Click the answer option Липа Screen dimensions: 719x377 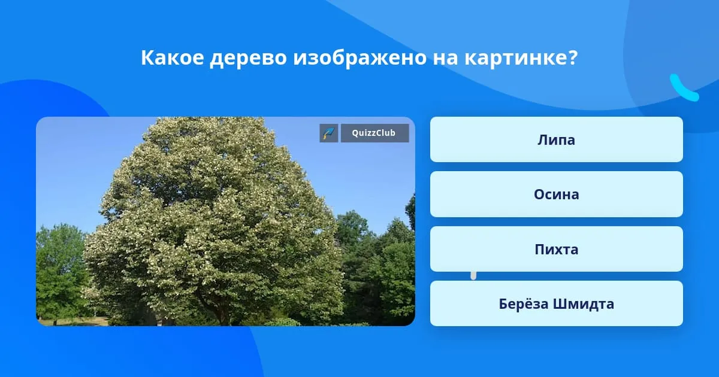556,139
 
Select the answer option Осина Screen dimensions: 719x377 556,194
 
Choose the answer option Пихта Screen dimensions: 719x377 556,249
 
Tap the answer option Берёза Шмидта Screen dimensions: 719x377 556,303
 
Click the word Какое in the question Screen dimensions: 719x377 173,57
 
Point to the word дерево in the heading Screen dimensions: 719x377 248,59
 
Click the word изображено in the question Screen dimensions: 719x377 360,59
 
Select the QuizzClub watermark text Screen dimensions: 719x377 374,133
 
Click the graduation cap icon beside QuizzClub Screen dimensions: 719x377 329,133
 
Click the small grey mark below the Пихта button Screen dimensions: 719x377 473,276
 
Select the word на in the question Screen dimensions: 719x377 445,60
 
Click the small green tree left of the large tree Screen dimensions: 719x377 61,272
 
